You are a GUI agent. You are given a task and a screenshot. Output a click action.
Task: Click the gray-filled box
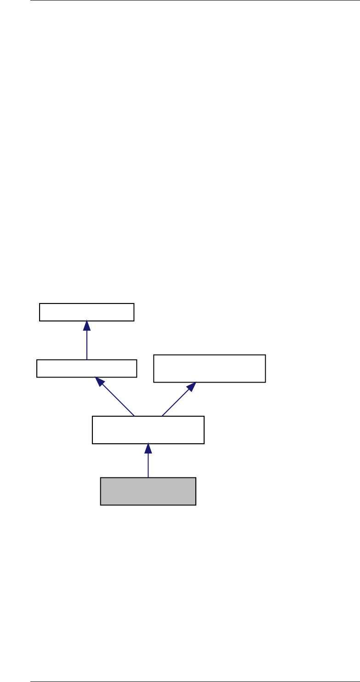pyautogui.click(x=148, y=491)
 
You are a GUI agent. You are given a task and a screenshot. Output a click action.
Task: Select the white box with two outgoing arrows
pyautogui.click(x=148, y=430)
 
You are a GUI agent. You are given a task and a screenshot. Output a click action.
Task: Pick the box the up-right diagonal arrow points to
pyautogui.click(x=209, y=368)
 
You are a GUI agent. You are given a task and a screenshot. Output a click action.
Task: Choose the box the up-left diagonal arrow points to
pyautogui.click(x=86, y=368)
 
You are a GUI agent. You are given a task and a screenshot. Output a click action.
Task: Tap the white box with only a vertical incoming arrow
pyautogui.click(x=86, y=312)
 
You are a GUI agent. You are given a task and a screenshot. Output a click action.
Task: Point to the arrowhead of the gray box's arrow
pyautogui.click(x=148, y=448)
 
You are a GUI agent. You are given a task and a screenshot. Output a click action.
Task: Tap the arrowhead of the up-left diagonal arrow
pyautogui.click(x=98, y=381)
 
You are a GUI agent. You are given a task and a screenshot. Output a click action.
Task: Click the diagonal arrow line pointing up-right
pyautogui.click(x=177, y=401)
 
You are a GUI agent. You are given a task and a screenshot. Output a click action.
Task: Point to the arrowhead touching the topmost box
pyautogui.click(x=86, y=326)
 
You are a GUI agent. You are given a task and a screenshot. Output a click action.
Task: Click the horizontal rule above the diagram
pyautogui.click(x=194, y=0)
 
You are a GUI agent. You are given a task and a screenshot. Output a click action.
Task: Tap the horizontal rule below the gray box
pyautogui.click(x=194, y=681)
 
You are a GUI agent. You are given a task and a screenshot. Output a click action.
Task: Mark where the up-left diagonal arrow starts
pyautogui.click(x=134, y=416)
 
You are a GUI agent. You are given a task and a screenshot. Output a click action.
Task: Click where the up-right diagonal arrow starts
pyautogui.click(x=161, y=416)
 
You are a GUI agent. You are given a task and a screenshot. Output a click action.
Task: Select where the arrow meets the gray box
pyautogui.click(x=148, y=477)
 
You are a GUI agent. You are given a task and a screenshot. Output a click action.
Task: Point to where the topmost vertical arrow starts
pyautogui.click(x=86, y=360)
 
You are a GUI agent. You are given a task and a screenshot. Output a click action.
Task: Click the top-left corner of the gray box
pyautogui.click(x=101, y=478)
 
